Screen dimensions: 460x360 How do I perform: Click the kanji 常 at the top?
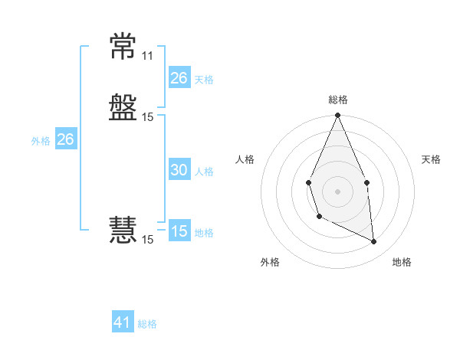tap(123, 46)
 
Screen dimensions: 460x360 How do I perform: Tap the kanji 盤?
tap(123, 107)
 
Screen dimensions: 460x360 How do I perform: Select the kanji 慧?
tap(123, 230)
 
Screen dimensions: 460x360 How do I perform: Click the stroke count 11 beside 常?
tap(147, 56)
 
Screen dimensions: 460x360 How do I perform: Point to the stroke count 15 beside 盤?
tap(147, 117)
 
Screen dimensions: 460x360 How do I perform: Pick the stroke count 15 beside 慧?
tap(147, 240)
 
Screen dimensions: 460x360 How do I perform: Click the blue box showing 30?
tap(179, 169)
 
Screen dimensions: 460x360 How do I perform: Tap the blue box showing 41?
tap(123, 321)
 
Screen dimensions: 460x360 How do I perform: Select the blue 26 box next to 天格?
tap(179, 77)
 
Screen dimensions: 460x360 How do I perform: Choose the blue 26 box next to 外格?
tap(66, 139)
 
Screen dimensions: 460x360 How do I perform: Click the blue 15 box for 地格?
tap(179, 230)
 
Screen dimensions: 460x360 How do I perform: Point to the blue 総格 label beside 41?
tap(147, 324)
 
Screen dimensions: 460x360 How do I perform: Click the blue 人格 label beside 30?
tap(204, 172)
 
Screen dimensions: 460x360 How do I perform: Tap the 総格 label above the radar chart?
tap(338, 100)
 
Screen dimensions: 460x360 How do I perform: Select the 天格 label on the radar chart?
tap(431, 159)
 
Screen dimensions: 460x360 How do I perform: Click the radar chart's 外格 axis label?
tap(270, 262)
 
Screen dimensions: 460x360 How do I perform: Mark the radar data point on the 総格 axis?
tap(337, 115)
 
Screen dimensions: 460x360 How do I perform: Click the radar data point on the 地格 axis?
tap(373, 241)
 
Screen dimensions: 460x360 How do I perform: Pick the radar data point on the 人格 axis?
tap(308, 182)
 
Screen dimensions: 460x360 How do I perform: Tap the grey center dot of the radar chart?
tap(337, 191)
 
